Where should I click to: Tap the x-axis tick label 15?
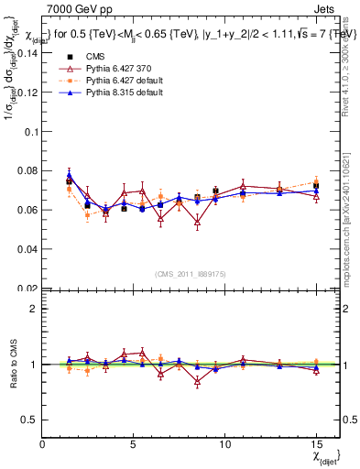click(x=316, y=442)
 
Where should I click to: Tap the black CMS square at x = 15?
click(x=316, y=185)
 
